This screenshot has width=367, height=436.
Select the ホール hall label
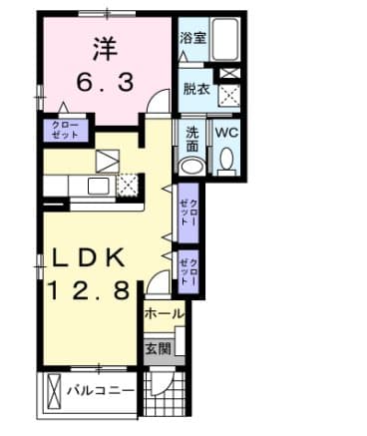[x=164, y=314]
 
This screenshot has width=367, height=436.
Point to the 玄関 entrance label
[x=158, y=348]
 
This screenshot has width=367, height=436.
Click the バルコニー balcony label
[x=101, y=390]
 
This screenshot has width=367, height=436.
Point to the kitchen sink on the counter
[x=98, y=186]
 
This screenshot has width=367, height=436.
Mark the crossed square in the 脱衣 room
[x=230, y=95]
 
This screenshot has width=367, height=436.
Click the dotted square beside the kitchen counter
[x=128, y=184]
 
